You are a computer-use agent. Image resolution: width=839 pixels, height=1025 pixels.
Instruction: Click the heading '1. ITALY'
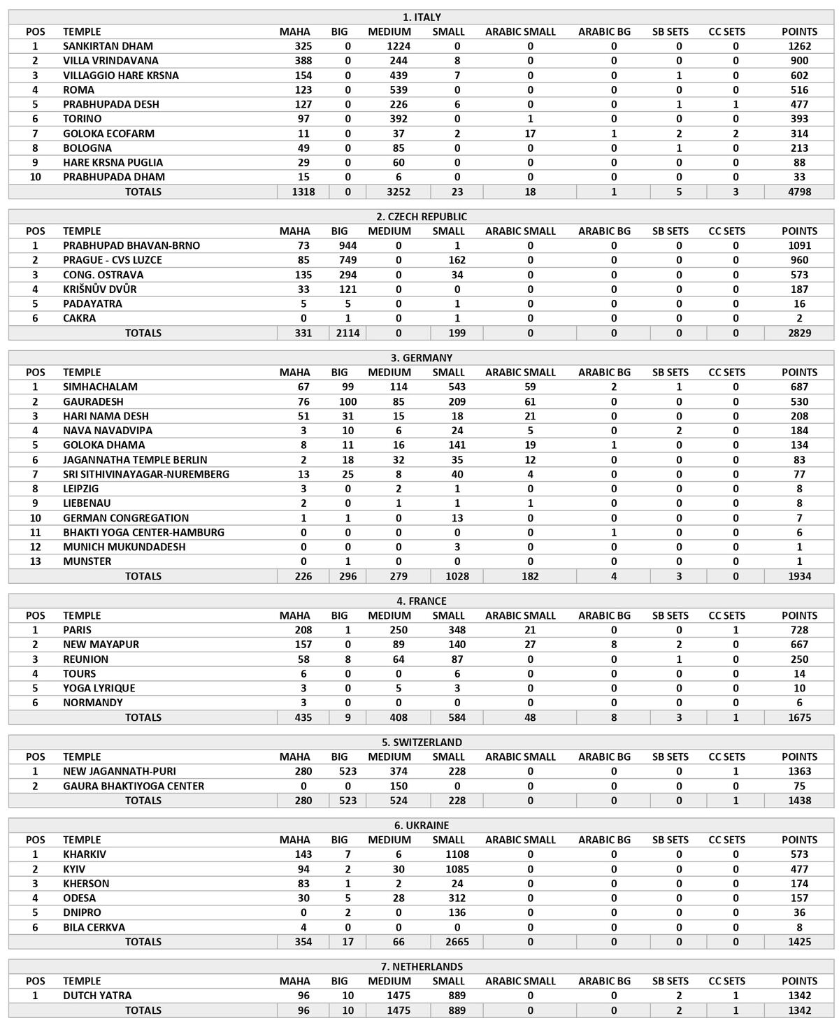[422, 17]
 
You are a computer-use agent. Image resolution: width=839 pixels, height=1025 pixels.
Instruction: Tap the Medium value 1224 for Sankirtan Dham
[389, 46]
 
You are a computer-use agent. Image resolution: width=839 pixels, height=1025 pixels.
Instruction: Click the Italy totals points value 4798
[799, 192]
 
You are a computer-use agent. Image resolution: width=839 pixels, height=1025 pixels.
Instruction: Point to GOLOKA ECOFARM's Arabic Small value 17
[530, 134]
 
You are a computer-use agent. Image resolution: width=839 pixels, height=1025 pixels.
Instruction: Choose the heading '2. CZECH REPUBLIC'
[422, 217]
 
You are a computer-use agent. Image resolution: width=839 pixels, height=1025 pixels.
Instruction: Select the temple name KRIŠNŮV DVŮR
[99, 289]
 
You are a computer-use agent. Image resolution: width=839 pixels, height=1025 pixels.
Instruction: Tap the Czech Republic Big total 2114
[347, 333]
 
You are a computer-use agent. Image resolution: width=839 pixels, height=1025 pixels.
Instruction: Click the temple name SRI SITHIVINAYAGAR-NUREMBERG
[145, 474]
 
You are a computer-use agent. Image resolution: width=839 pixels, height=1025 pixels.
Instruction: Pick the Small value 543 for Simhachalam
[448, 387]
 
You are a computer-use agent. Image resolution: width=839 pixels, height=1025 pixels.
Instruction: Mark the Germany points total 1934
[799, 576]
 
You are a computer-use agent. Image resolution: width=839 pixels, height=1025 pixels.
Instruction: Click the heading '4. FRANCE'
[422, 601]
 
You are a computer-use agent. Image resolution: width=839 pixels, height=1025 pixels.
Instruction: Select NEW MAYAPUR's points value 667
[799, 645]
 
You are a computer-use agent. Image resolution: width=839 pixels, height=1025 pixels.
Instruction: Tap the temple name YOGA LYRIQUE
[99, 688]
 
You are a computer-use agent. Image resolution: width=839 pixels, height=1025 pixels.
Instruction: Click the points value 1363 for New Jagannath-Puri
[799, 771]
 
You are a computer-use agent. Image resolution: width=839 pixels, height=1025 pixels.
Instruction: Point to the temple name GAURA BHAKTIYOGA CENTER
[134, 786]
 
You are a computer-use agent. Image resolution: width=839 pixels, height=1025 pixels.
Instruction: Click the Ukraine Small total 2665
[448, 942]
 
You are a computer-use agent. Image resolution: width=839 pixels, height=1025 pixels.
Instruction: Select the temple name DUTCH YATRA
[97, 996]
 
